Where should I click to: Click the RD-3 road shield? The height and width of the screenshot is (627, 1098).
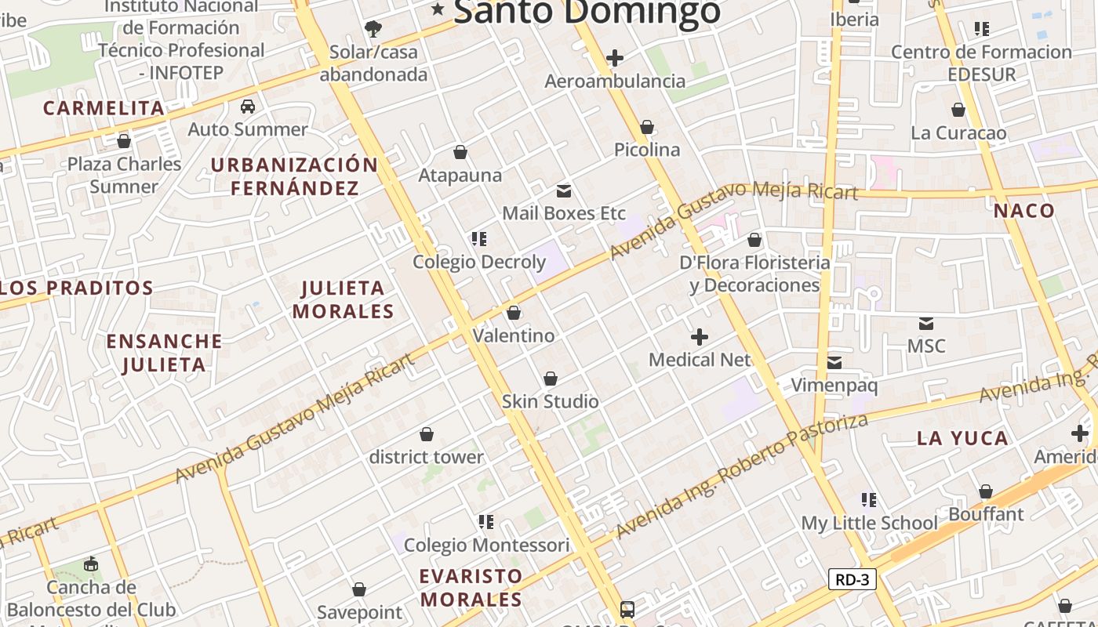(852, 579)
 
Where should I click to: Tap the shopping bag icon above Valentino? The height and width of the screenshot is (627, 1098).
(514, 313)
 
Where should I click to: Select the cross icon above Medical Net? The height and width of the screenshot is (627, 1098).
(700, 337)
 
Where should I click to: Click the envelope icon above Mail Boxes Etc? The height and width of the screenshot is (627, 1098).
(563, 190)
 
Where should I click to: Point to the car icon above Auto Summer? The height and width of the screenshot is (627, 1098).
(248, 106)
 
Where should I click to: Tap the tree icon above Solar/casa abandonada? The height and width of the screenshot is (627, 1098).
(373, 29)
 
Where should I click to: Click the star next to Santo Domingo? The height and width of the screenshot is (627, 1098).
(438, 10)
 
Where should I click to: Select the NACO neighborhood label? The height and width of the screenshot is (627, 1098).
(1024, 211)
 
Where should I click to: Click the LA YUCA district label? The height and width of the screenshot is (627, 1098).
(962, 438)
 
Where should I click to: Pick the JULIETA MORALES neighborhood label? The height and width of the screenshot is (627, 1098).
(343, 299)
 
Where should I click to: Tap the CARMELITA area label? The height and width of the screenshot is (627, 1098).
(104, 108)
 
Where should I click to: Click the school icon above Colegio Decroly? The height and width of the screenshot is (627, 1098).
(479, 238)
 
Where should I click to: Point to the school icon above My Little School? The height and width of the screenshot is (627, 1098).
(868, 499)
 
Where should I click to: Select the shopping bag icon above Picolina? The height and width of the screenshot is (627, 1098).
(647, 127)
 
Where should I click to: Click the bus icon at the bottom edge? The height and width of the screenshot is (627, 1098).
(627, 609)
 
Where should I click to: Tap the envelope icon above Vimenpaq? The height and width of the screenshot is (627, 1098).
(834, 362)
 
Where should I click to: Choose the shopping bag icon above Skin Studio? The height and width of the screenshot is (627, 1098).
(551, 379)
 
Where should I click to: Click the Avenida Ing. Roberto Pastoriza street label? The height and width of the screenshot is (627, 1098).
(742, 475)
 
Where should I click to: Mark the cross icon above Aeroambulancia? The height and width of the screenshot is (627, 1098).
(615, 58)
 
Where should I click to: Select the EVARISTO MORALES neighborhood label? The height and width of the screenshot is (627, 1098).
(471, 588)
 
